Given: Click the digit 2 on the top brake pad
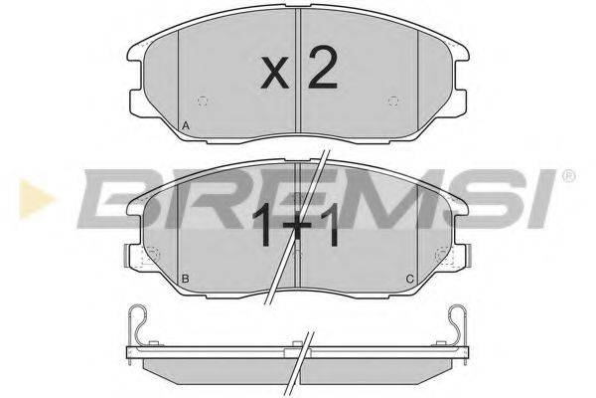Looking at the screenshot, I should [x=321, y=69].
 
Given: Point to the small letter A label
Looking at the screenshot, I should [x=186, y=125].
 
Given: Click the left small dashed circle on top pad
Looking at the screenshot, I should [x=204, y=100].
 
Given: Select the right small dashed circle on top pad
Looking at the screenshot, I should [x=394, y=100].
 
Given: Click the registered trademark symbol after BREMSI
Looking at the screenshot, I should [x=568, y=178].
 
